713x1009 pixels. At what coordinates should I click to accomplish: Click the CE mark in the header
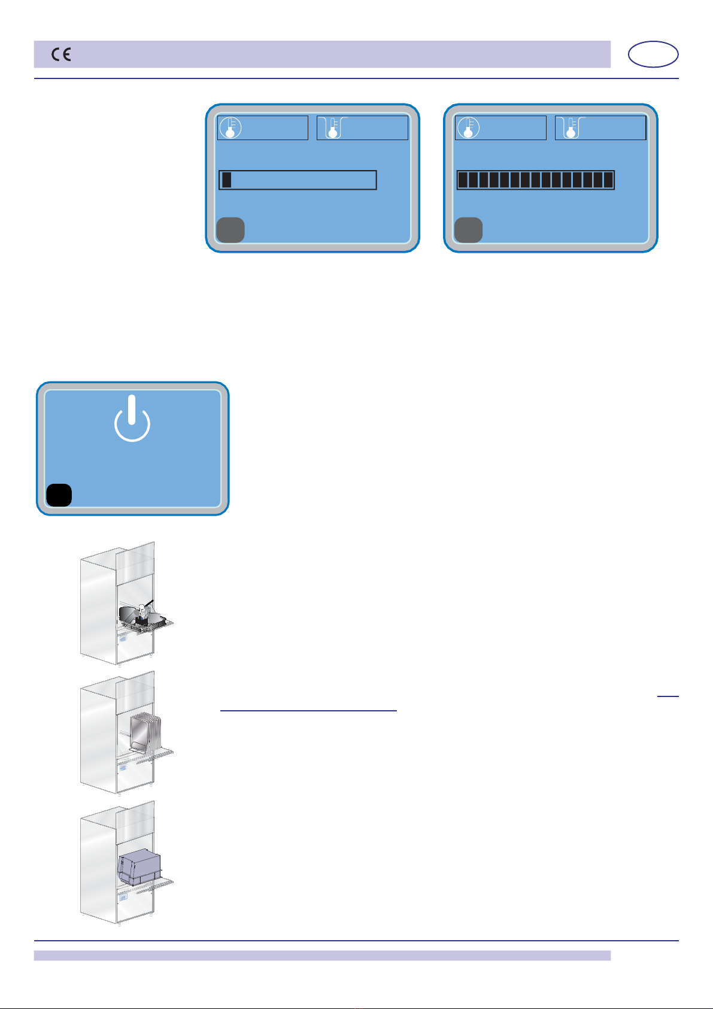pos(61,55)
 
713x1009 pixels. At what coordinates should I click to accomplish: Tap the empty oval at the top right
pos(653,54)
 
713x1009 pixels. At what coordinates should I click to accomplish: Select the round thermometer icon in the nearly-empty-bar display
pos(230,128)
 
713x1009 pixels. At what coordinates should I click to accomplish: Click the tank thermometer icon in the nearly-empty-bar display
pos(329,128)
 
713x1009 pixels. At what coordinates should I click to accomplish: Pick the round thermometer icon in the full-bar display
pos(468,128)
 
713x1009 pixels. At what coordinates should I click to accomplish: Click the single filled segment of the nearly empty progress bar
pos(226,180)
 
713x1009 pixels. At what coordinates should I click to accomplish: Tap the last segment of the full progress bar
pos(608,180)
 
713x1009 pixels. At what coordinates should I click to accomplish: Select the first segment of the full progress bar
pos(463,180)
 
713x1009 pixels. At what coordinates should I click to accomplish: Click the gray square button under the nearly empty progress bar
pos(230,230)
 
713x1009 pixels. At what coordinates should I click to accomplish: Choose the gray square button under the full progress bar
pos(468,230)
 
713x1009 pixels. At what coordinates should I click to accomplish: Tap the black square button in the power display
pos(59,495)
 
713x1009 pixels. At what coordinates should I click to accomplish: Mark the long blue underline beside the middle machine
pos(308,711)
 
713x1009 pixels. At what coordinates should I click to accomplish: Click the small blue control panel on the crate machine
pos(123,897)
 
